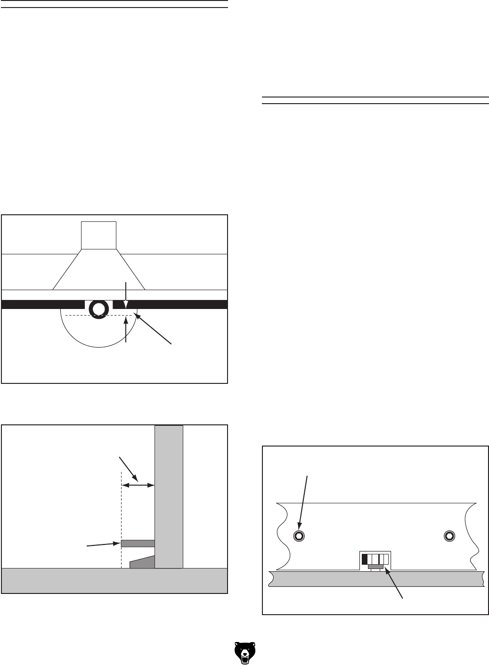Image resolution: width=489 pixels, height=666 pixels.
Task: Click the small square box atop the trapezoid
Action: (x=98, y=235)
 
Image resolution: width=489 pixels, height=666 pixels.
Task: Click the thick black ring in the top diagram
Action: (x=98, y=309)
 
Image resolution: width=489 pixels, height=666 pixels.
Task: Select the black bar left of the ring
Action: (x=43, y=304)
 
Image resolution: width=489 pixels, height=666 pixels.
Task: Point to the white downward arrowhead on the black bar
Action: (x=126, y=304)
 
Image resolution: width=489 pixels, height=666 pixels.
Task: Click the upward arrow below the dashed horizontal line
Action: (x=126, y=330)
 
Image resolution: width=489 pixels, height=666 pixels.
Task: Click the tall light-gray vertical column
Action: (x=169, y=495)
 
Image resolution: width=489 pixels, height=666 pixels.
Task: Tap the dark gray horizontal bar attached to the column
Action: (x=138, y=544)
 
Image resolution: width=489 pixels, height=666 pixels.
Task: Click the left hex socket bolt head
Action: (x=298, y=535)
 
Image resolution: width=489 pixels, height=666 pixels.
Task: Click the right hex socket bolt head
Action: (x=449, y=535)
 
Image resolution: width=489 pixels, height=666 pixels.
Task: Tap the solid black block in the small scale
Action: (x=364, y=560)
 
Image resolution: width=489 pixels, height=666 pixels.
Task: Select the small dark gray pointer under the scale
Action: (x=375, y=566)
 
